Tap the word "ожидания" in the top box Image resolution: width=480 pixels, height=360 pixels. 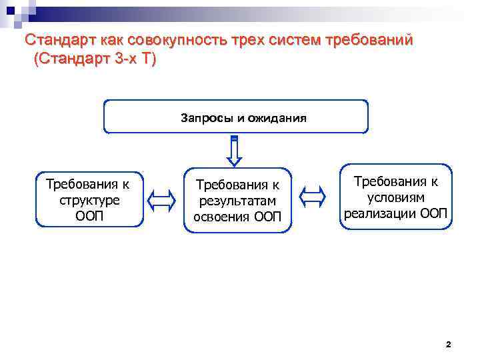(x=277, y=119)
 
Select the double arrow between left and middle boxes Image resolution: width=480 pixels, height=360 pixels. (x=161, y=199)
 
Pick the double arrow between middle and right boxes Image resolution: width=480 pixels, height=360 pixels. (x=312, y=196)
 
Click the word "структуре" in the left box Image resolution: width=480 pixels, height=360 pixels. (x=89, y=200)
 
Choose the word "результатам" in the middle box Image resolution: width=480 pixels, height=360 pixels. (x=237, y=201)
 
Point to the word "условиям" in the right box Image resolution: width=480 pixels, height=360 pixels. (x=396, y=197)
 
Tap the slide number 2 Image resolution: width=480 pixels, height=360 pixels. (x=448, y=345)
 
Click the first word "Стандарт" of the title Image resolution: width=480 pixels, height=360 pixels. (x=55, y=40)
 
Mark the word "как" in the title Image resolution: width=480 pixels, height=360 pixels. (x=101, y=40)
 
